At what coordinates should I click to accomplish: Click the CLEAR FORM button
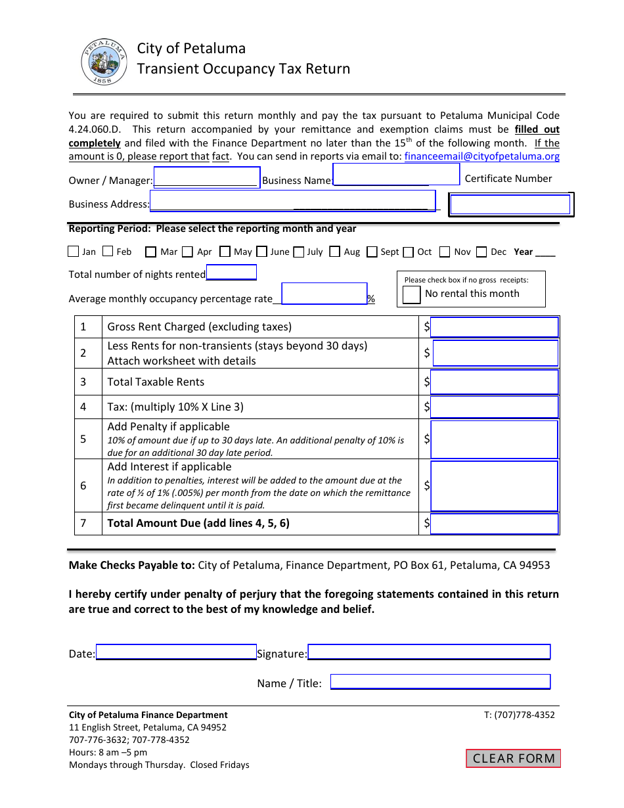coord(514,758)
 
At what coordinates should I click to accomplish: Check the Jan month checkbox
coord(74,252)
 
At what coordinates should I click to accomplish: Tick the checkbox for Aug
coord(335,252)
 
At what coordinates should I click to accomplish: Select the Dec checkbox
coord(481,252)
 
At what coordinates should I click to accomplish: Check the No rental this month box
coord(412,294)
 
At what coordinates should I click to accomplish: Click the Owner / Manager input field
coord(207,178)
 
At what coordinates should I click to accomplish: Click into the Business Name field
coord(396,175)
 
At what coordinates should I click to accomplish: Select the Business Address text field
coord(293,201)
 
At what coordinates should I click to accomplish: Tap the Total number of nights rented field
coord(231,273)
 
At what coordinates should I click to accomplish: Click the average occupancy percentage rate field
coord(324,294)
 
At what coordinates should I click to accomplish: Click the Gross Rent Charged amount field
coord(494,327)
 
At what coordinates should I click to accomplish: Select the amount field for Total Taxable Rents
coord(494,382)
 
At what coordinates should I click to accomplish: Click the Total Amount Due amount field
coord(494,524)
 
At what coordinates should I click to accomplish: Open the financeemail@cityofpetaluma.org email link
coord(482,156)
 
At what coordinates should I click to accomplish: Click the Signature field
coord(429,652)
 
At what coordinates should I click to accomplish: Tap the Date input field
coord(176,652)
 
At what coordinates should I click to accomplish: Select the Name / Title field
coord(439,682)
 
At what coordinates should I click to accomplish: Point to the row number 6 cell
coord(83,486)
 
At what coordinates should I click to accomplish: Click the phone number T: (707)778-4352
coord(520,715)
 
